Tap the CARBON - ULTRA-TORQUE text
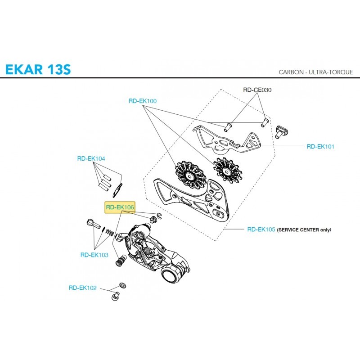tap(316, 72)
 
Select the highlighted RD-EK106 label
tap(120, 207)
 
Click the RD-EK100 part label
tap(143, 101)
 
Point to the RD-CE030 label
tap(257, 90)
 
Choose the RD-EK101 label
tap(320, 146)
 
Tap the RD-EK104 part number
tap(91, 158)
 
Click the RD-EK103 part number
tap(94, 255)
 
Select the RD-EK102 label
tap(83, 288)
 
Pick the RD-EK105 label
tap(261, 229)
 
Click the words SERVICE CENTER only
tap(304, 229)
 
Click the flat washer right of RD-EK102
tap(121, 285)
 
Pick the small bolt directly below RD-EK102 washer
tap(115, 296)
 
